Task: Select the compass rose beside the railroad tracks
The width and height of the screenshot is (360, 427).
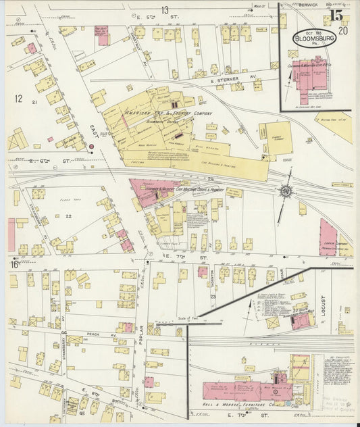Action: point(288,191)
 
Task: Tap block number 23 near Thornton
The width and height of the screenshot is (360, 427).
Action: point(212,296)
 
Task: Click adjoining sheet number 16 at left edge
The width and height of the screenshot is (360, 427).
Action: point(14,264)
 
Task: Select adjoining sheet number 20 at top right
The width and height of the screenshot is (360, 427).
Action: point(343,30)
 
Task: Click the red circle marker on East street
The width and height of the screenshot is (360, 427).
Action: point(91,145)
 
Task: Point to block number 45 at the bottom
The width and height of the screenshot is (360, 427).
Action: point(82,395)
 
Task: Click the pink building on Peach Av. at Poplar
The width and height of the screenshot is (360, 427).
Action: point(126,327)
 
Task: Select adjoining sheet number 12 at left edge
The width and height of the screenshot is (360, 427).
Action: point(18,99)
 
